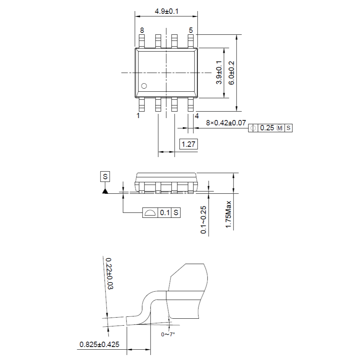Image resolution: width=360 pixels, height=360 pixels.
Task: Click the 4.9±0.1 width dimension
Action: click(x=166, y=11)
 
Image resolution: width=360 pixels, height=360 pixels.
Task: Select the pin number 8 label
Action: click(x=142, y=30)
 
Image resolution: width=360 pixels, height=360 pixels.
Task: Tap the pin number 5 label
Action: click(x=191, y=30)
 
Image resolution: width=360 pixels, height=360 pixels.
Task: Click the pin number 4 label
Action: click(x=197, y=116)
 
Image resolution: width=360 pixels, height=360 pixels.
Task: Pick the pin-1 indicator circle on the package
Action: click(x=144, y=86)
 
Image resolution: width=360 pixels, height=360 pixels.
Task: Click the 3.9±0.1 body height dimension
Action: click(x=219, y=73)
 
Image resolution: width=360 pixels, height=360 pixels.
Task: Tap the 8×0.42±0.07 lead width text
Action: click(x=225, y=123)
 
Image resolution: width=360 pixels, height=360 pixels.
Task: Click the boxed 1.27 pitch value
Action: click(x=188, y=144)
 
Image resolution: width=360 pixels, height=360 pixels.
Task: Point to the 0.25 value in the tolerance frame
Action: click(x=267, y=128)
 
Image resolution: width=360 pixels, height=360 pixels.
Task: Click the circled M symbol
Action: click(x=280, y=128)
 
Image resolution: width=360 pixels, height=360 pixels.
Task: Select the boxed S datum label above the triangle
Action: click(x=105, y=177)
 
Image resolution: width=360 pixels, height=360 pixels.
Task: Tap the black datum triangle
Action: click(x=105, y=190)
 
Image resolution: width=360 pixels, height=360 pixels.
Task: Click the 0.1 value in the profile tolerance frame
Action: click(x=165, y=213)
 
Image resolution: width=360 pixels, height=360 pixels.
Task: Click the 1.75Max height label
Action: click(x=228, y=214)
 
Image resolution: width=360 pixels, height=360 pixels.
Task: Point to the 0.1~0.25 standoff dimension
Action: click(x=203, y=220)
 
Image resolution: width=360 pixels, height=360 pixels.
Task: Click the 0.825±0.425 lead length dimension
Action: click(x=99, y=345)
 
